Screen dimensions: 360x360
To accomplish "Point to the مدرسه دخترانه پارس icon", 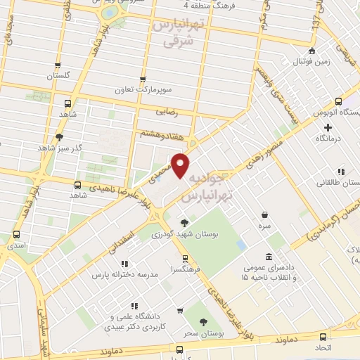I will [114, 264].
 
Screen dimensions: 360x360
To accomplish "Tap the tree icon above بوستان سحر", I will [204, 322].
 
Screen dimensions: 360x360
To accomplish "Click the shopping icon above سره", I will [264, 215].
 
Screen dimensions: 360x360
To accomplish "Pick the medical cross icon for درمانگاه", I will [328, 128].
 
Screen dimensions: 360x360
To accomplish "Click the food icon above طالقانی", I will [341, 171].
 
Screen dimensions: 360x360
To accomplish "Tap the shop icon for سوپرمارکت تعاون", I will [143, 80].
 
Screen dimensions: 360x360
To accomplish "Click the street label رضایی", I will [163, 111].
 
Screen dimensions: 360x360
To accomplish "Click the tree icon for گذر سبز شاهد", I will [60, 137].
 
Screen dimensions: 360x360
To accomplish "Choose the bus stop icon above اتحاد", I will [323, 337].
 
